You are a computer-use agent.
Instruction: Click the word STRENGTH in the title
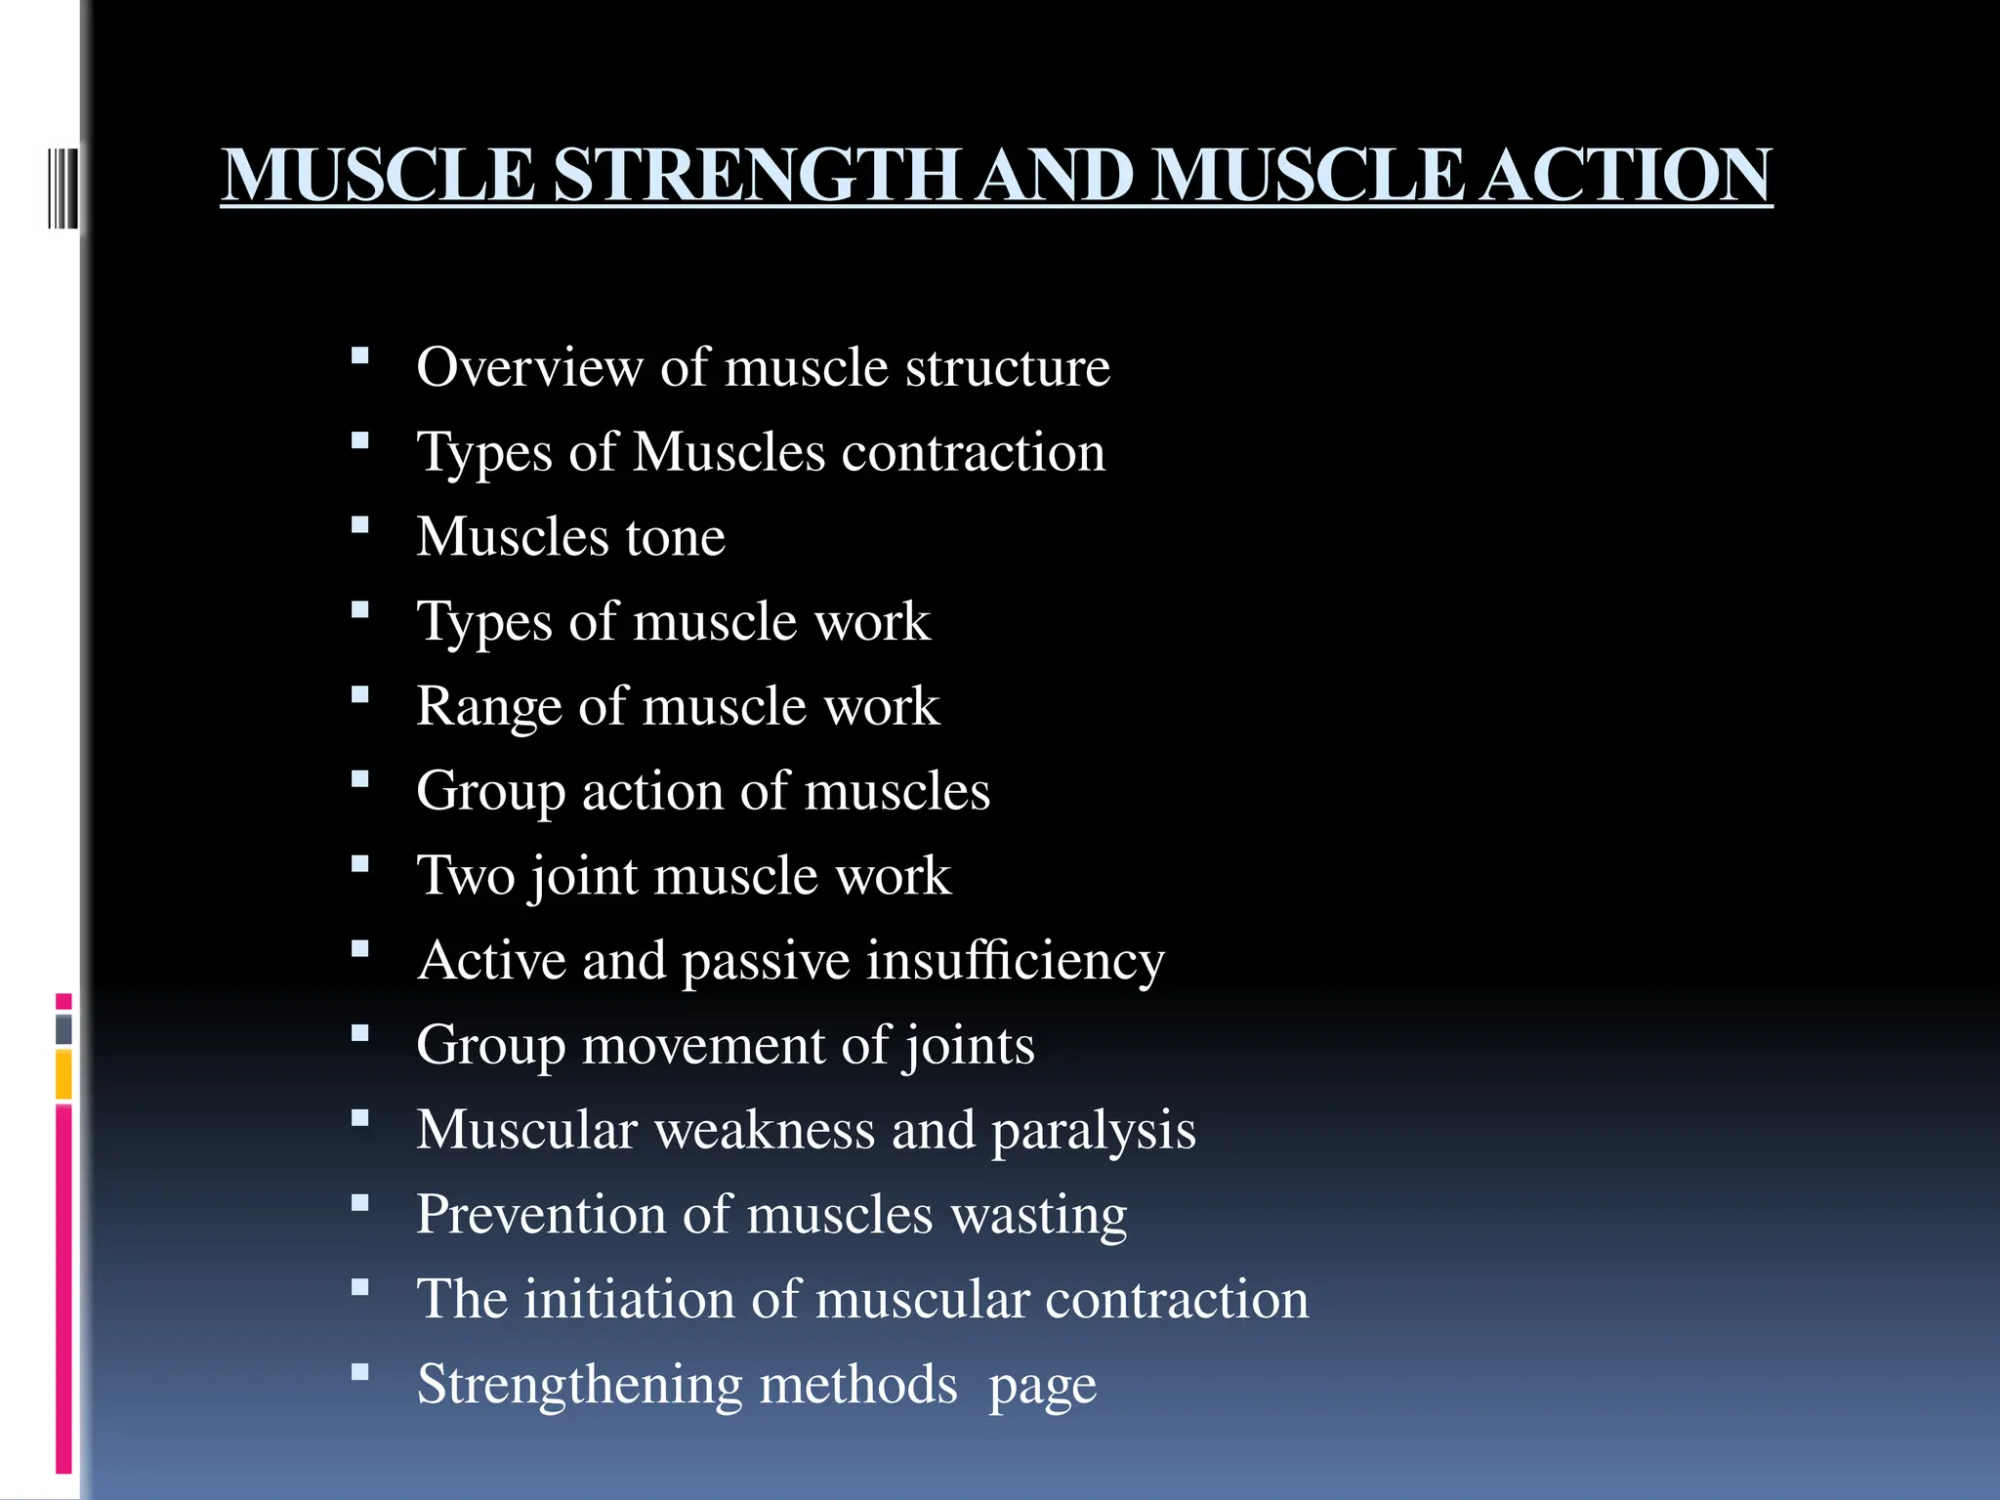point(758,176)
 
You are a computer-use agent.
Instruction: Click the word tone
point(675,537)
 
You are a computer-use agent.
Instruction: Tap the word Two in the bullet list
point(465,875)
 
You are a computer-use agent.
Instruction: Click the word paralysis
point(1094,1131)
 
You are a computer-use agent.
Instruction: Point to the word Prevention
point(541,1215)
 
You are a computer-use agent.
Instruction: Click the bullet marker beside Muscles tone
point(360,525)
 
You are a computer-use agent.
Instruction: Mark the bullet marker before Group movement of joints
point(360,1033)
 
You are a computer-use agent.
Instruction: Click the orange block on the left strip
point(63,1074)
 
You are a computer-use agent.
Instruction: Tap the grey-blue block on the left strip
point(63,1029)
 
